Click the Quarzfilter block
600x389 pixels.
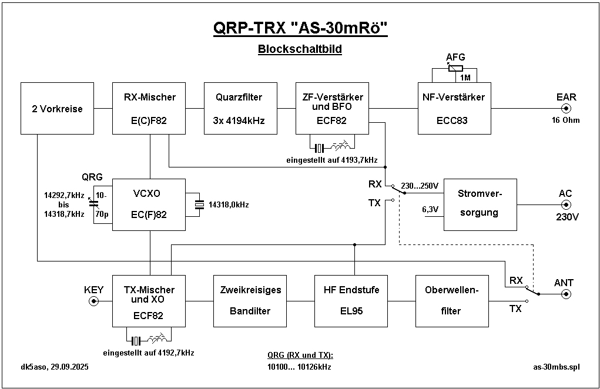[240, 108]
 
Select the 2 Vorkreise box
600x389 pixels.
[57, 108]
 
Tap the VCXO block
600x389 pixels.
[149, 204]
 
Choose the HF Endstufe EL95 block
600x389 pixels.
[351, 301]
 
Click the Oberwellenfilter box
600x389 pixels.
[452, 301]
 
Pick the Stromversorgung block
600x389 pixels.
[480, 204]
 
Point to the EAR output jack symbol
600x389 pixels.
[567, 108]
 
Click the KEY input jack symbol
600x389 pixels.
[94, 301]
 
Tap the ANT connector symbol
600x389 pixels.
[567, 294]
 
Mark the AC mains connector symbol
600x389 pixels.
[567, 204]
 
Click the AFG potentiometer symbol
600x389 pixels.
[455, 68]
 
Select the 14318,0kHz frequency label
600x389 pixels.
[229, 205]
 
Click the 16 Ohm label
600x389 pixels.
[565, 120]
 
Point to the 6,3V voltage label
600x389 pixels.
[430, 209]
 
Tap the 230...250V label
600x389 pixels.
[420, 186]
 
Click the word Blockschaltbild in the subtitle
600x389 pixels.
[300, 49]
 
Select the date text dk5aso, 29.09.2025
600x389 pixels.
[54, 367]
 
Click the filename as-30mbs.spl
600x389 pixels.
[557, 367]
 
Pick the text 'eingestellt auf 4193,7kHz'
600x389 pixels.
[332, 160]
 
